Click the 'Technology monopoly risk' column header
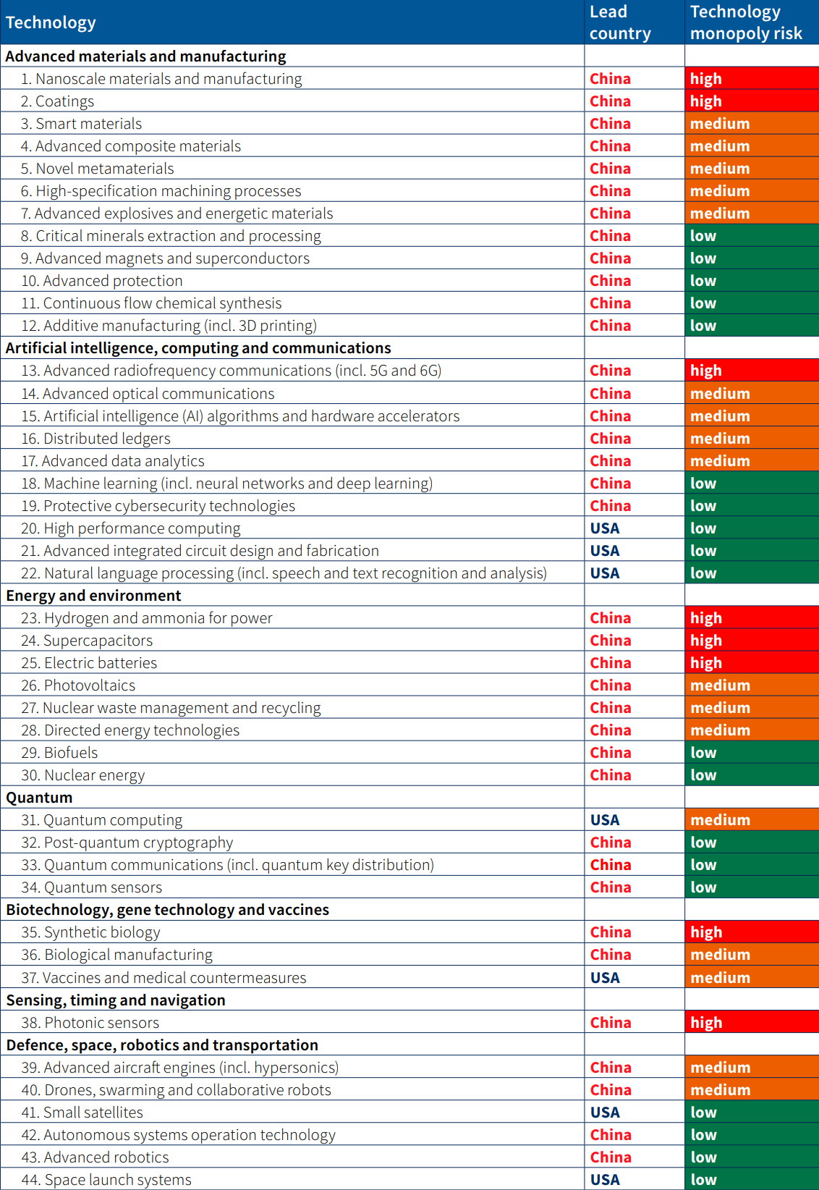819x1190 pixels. (746, 22)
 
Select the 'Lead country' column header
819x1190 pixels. (620, 22)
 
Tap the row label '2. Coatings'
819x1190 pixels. (57, 101)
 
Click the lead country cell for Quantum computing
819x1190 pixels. (605, 820)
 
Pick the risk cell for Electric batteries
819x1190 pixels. (751, 663)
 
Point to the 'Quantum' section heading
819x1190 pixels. (39, 798)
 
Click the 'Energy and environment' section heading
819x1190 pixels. (93, 596)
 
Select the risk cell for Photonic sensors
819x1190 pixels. (751, 1023)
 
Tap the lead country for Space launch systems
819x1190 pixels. (605, 1180)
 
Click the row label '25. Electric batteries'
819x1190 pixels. (89, 663)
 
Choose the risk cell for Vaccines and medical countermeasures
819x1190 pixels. (751, 978)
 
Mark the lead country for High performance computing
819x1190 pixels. (605, 528)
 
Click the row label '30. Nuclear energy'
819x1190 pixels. (83, 775)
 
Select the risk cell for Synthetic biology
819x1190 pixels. (751, 932)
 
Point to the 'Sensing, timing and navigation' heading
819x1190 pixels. (116, 1000)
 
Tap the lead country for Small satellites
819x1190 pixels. (605, 1113)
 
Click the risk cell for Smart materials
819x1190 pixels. (751, 124)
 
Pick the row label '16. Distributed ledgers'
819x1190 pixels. (96, 439)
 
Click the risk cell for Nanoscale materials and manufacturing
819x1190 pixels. (751, 79)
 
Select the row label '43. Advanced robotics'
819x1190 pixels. (96, 1157)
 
